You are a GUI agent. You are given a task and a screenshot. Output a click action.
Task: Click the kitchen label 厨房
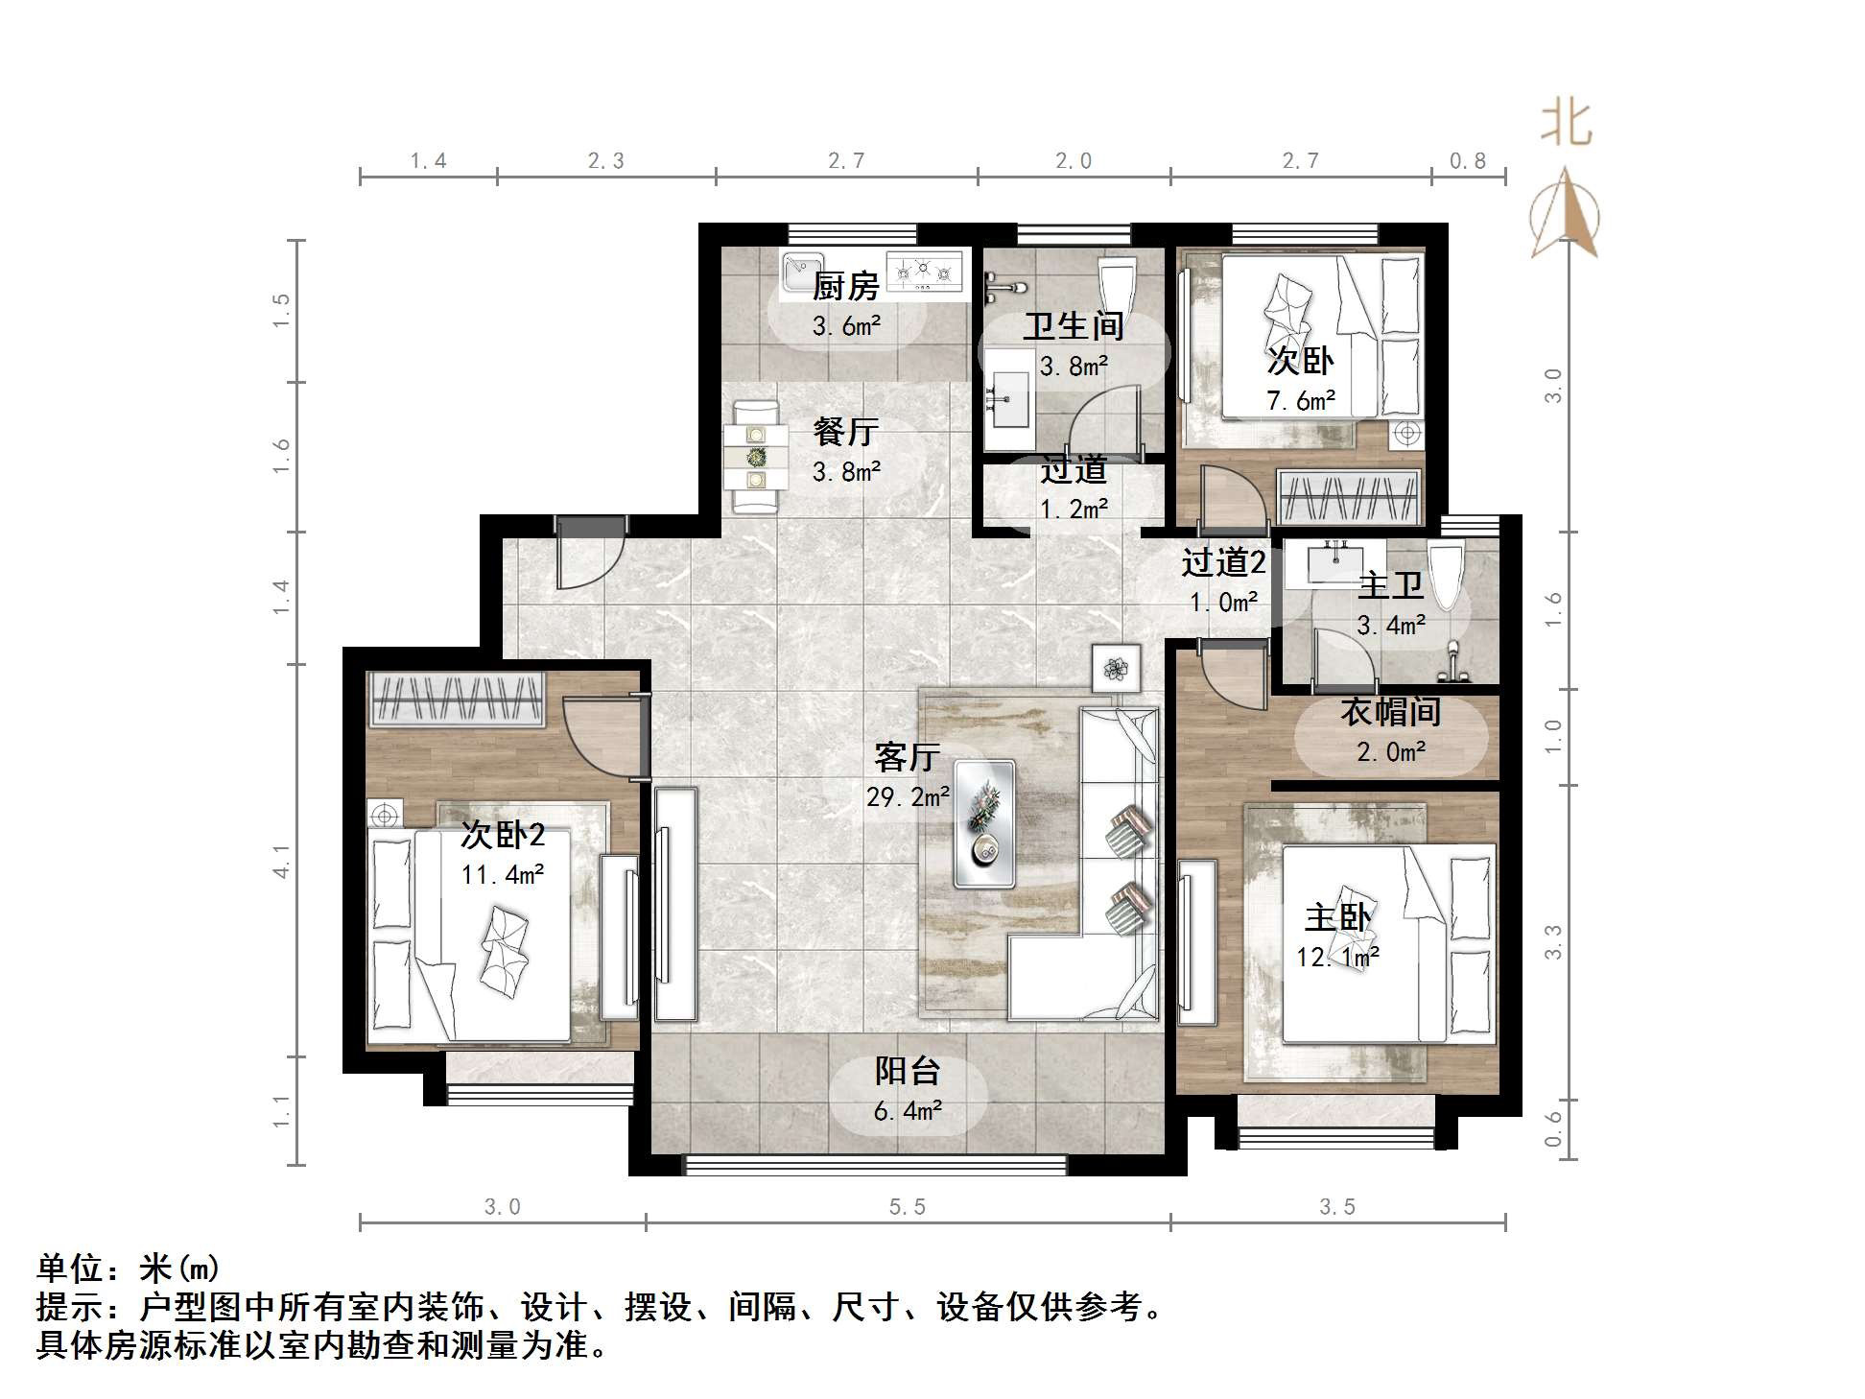click(x=845, y=286)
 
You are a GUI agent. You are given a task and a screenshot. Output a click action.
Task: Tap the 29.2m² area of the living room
click(x=908, y=796)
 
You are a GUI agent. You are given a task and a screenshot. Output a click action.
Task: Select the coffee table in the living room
click(x=984, y=823)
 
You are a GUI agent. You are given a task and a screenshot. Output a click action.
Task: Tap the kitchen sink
click(x=803, y=272)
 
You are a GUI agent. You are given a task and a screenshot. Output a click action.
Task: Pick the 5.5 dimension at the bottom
click(x=907, y=1206)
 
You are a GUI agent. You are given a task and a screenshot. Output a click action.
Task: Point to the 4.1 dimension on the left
click(x=281, y=861)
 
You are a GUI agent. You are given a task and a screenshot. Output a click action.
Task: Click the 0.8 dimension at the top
click(x=1467, y=161)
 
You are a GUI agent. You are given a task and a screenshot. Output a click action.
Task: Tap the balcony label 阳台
click(x=907, y=1071)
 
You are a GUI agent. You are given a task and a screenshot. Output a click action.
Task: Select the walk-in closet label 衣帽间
click(x=1390, y=712)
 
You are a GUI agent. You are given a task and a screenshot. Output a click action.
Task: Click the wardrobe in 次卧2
click(x=458, y=699)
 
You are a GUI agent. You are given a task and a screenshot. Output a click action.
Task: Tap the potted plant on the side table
click(x=1116, y=667)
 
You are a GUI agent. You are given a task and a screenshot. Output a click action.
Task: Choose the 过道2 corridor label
click(x=1222, y=562)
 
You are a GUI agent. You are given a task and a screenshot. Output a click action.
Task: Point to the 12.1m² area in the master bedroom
click(x=1337, y=958)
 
